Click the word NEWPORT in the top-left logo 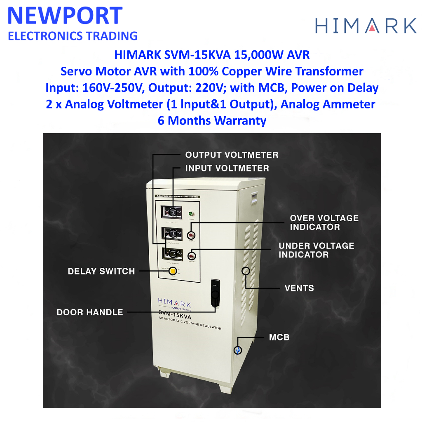coord(65,16)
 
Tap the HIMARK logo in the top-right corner coord(366,25)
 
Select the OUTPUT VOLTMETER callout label coord(232,155)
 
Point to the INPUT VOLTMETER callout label coord(227,168)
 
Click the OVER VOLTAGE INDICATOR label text coord(324,223)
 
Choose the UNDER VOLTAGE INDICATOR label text coord(316,250)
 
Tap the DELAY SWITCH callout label coord(101,271)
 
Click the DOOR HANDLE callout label coord(90,312)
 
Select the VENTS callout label coord(299,288)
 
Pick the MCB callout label coord(279,338)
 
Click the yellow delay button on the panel coord(173,271)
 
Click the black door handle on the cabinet coord(215,293)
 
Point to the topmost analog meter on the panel coord(172,212)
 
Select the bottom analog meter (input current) coord(172,253)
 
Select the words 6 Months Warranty coord(212,121)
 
